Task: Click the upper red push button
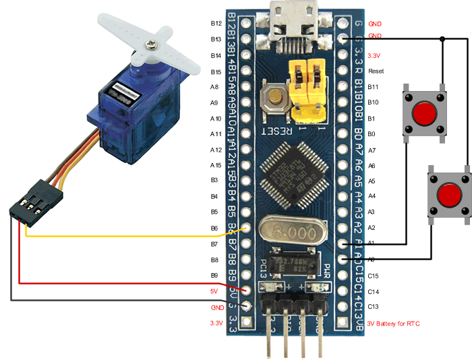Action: click(423, 113)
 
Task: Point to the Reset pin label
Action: click(376, 71)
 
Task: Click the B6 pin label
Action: click(215, 229)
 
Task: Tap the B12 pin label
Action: click(216, 23)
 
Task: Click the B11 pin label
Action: click(374, 87)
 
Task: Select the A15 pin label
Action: click(216, 165)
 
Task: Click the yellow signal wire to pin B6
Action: click(135, 236)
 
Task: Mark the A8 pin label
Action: click(215, 87)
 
